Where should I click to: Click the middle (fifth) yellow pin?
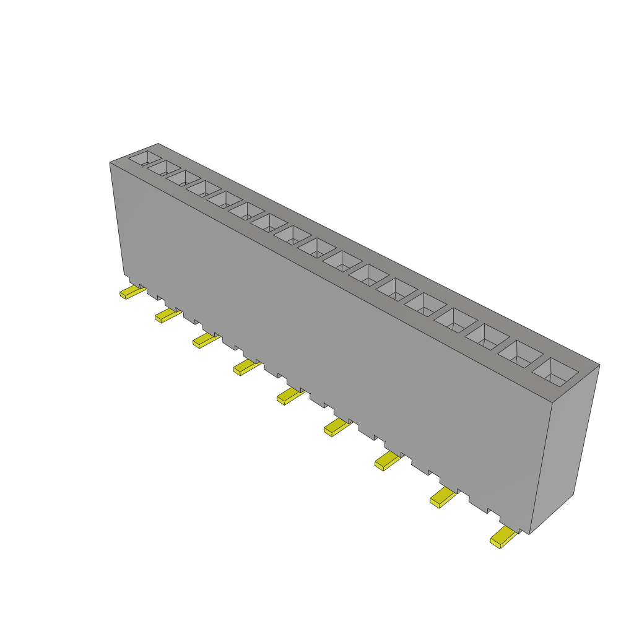click(x=289, y=396)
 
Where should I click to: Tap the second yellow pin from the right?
click(x=443, y=497)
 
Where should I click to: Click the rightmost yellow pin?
click(x=503, y=537)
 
